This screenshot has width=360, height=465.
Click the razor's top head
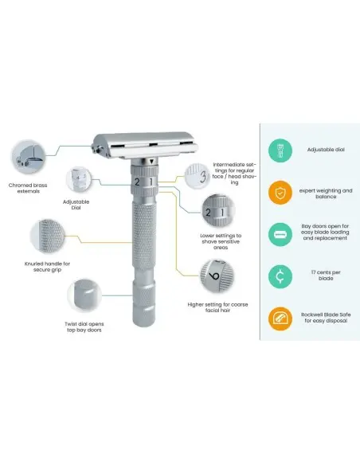pyautogui.click(x=145, y=145)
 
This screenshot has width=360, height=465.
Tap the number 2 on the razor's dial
pyautogui.click(x=137, y=182)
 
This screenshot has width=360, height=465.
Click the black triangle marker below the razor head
pyautogui.click(x=151, y=162)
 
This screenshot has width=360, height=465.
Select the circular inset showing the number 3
pyautogui.click(x=198, y=176)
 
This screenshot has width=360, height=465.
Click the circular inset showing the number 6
pyautogui.click(x=217, y=275)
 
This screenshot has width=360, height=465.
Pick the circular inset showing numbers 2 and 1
pyautogui.click(x=218, y=211)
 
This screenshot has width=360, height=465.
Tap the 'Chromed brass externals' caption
pyautogui.click(x=28, y=188)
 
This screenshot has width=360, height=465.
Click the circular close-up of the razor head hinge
pyautogui.click(x=29, y=157)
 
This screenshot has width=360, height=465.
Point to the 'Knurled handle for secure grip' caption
pyautogui.click(x=47, y=267)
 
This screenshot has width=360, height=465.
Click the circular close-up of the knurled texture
pyautogui.click(x=48, y=236)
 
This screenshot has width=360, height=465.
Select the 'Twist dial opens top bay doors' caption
pyautogui.click(x=84, y=326)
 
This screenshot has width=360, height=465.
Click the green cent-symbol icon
pyautogui.click(x=280, y=276)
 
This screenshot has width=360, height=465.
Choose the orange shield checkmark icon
pyautogui.click(x=280, y=193)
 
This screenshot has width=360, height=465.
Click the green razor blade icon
pyautogui.click(x=280, y=235)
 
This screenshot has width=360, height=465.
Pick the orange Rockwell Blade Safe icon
pyautogui.click(x=280, y=318)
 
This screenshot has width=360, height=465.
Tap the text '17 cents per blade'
pyautogui.click(x=326, y=275)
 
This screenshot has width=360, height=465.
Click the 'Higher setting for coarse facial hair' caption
pyautogui.click(x=217, y=307)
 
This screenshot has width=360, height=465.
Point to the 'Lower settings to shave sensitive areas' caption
pyautogui.click(x=221, y=241)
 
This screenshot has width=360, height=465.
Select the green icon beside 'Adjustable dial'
pyautogui.click(x=280, y=150)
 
